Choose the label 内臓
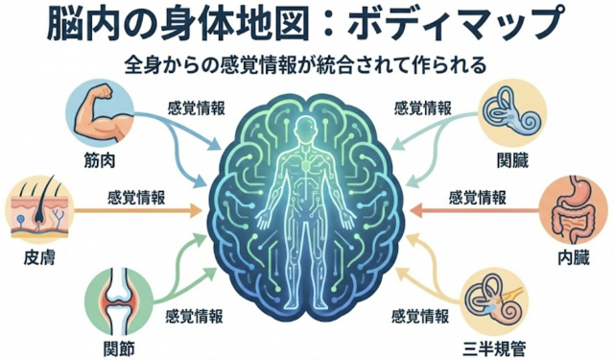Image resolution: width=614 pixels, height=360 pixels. pyautogui.click(x=576, y=257)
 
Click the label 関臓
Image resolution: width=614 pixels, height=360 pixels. pyautogui.click(x=514, y=156)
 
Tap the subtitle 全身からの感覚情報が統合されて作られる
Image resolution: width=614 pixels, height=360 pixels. pyautogui.click(x=306, y=66)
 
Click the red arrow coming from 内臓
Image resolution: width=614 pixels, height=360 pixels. pyautogui.click(x=470, y=207)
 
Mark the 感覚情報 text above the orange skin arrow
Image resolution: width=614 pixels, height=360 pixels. pyautogui.click(x=135, y=196)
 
